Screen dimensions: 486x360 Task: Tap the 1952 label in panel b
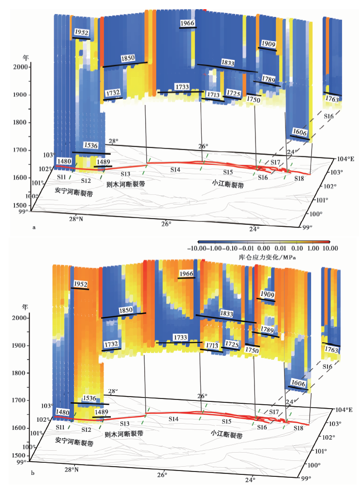tap(81, 284)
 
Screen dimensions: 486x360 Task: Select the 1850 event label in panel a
tap(128, 58)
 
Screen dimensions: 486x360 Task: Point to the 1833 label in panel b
tap(226, 313)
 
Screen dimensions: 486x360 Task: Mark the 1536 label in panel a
tap(90, 145)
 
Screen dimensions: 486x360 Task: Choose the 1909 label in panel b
tap(267, 294)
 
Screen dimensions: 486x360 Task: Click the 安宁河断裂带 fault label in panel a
tap(74, 192)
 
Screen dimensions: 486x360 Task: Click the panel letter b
tap(33, 473)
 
